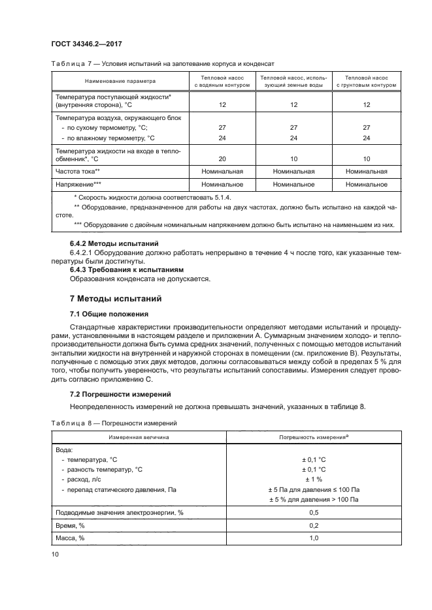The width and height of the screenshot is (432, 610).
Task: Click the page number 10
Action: [x=54, y=554]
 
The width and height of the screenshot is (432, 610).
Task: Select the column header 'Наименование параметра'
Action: [x=119, y=82]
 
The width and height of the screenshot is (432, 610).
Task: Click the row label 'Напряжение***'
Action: [x=78, y=185]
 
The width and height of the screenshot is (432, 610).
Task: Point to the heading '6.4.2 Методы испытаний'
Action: [x=108, y=243]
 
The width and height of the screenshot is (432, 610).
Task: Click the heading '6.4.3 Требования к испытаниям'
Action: [x=124, y=269]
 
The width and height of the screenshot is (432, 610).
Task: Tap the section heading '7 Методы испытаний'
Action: [x=116, y=299]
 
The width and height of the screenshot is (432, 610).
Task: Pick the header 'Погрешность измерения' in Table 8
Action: [x=312, y=435]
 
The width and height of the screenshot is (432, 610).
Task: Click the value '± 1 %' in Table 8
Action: [x=312, y=479]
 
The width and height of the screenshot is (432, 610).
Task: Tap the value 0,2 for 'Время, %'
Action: [x=312, y=525]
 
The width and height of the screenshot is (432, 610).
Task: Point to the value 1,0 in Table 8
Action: [x=312, y=538]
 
